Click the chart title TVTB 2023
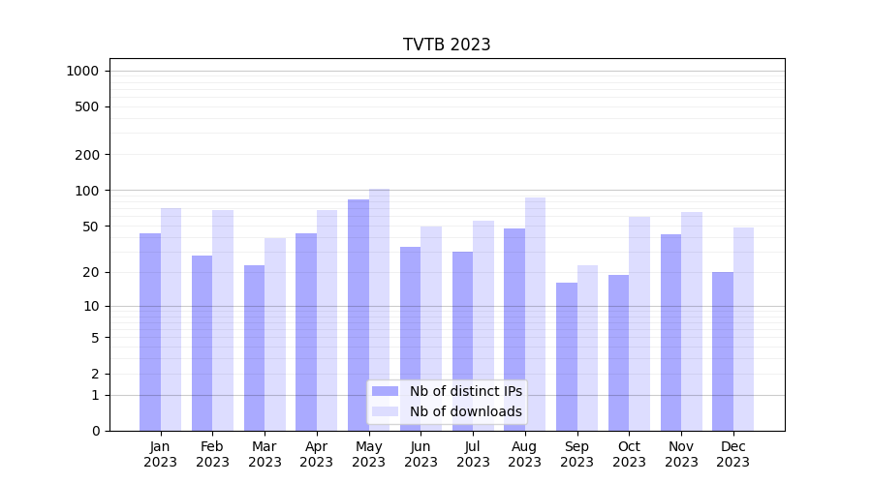click(x=447, y=45)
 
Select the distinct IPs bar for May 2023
click(x=358, y=315)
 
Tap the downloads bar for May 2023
click(x=379, y=310)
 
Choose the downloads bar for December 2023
click(x=743, y=329)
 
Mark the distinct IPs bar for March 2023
click(x=254, y=348)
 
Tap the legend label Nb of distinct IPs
click(x=465, y=391)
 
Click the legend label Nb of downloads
click(x=465, y=411)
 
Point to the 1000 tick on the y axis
click(x=82, y=71)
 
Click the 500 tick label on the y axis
click(x=87, y=106)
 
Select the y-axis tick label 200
click(x=87, y=155)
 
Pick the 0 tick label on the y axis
click(x=95, y=431)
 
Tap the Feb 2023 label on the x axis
click(x=212, y=454)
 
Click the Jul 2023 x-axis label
click(x=473, y=454)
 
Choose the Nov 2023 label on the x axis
click(x=681, y=454)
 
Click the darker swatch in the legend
click(x=386, y=391)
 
